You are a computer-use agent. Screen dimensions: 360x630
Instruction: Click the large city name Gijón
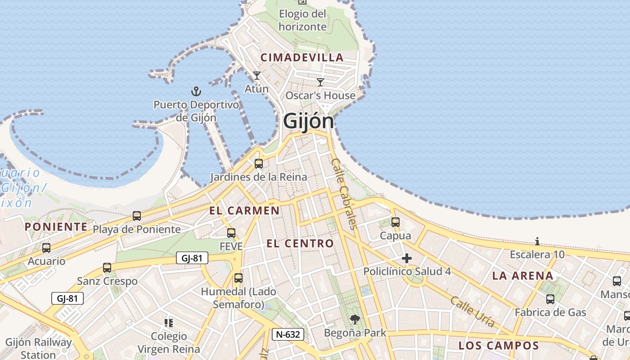[x=309, y=121]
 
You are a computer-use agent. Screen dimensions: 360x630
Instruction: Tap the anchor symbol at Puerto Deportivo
[x=196, y=92]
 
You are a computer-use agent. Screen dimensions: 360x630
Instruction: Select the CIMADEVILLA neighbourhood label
[x=302, y=58]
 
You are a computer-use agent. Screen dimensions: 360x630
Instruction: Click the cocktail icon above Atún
[x=256, y=75]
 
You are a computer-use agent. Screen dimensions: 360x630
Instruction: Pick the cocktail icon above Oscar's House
[x=320, y=82]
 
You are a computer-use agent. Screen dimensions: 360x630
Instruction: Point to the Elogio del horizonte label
[x=302, y=20]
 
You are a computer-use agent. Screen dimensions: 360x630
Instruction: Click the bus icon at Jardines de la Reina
[x=258, y=163]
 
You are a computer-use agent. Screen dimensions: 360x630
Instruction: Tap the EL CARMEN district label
[x=244, y=211]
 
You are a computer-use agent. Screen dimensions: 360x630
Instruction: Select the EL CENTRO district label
[x=300, y=243]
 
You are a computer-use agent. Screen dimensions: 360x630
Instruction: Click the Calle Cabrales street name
[x=345, y=193]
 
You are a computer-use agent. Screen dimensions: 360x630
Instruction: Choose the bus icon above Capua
[x=396, y=222]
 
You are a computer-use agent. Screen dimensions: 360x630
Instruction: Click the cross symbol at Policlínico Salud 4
[x=407, y=258]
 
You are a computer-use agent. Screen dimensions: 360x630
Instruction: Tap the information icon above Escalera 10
[x=537, y=241]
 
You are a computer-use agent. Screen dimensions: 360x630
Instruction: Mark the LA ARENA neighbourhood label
[x=523, y=276]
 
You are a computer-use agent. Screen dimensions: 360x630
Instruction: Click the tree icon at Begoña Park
[x=355, y=319]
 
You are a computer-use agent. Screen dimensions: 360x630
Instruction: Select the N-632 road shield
[x=288, y=334]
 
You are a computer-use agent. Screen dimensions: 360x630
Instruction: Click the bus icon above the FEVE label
[x=231, y=233]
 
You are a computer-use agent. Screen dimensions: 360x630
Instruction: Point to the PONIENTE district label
[x=56, y=227]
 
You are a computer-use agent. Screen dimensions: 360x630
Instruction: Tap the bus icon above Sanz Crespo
[x=107, y=268]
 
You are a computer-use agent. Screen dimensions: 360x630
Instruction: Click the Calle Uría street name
[x=472, y=311]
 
